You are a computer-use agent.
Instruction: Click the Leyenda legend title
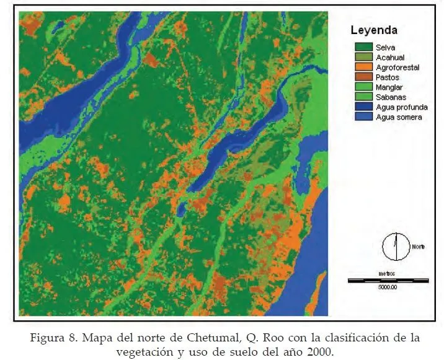point(374,30)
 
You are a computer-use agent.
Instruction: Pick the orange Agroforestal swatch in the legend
point(363,67)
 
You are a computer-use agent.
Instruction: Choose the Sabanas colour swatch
point(363,97)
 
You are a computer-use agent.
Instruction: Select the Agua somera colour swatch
point(363,117)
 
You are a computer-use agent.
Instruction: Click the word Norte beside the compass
point(419,247)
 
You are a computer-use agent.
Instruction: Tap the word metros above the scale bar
point(387,273)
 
